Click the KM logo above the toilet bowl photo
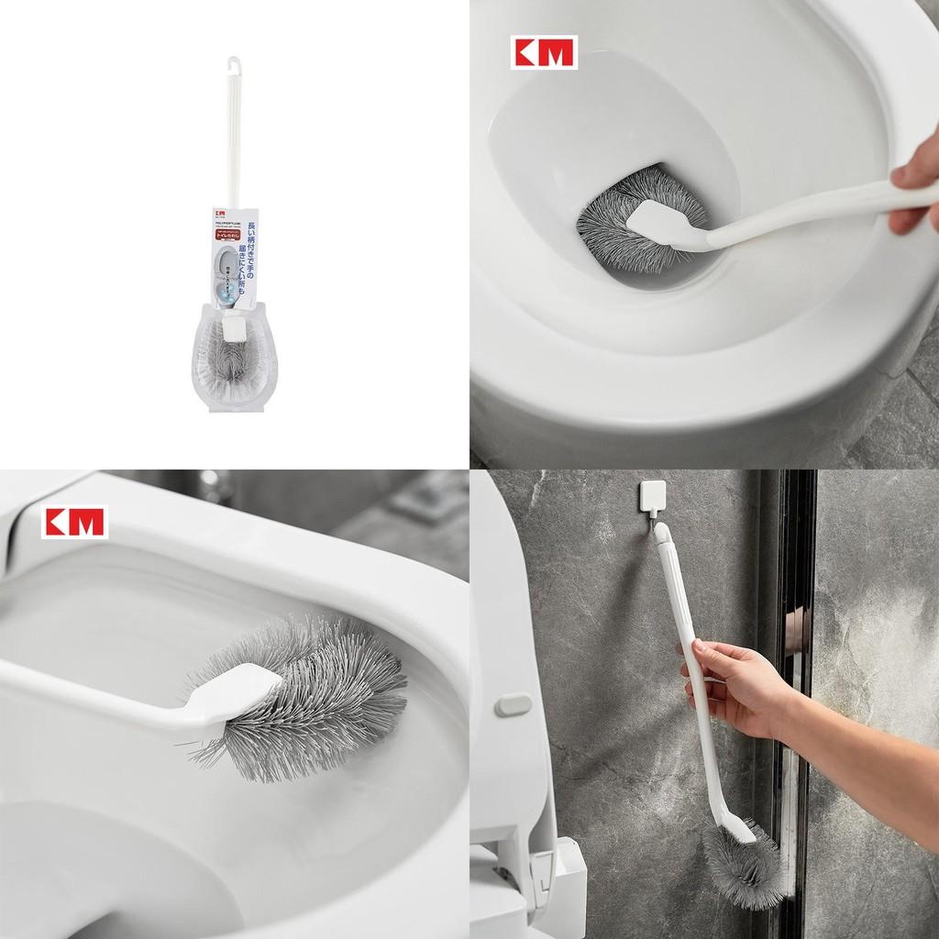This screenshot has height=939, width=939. (x=544, y=52)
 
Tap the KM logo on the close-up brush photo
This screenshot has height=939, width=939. (x=74, y=522)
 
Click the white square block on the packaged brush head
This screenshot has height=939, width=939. (x=234, y=326)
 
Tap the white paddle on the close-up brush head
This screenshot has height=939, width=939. (x=243, y=690)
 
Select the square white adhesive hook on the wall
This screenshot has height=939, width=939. (x=653, y=497)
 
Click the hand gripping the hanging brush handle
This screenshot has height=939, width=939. (x=729, y=683)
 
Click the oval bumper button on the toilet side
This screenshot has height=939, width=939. (x=514, y=704)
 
